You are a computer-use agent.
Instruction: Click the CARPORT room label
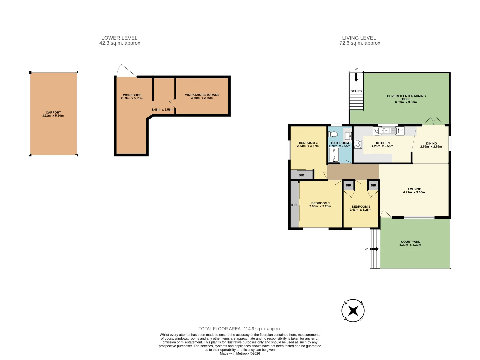(x=53, y=113)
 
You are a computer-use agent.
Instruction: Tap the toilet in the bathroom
(x=333, y=134)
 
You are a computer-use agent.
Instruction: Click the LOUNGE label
(x=414, y=189)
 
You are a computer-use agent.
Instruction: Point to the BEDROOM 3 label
(x=308, y=143)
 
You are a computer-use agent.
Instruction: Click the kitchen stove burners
(x=358, y=144)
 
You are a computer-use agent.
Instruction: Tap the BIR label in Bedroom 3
(x=301, y=175)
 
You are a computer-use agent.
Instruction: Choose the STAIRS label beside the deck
(x=356, y=91)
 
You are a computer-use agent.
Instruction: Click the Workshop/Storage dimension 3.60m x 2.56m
(x=202, y=98)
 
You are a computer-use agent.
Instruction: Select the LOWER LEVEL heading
(x=119, y=38)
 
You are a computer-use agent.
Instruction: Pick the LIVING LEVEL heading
(x=359, y=38)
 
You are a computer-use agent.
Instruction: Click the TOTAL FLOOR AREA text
(x=240, y=329)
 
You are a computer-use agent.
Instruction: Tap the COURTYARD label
(x=410, y=242)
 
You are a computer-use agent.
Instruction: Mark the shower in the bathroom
(x=334, y=155)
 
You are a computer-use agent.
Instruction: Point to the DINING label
(x=431, y=143)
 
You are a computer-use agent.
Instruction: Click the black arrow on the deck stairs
(x=356, y=78)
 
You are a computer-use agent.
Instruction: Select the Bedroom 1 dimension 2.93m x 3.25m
(x=320, y=206)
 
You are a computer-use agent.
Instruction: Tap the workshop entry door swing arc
(x=126, y=71)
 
